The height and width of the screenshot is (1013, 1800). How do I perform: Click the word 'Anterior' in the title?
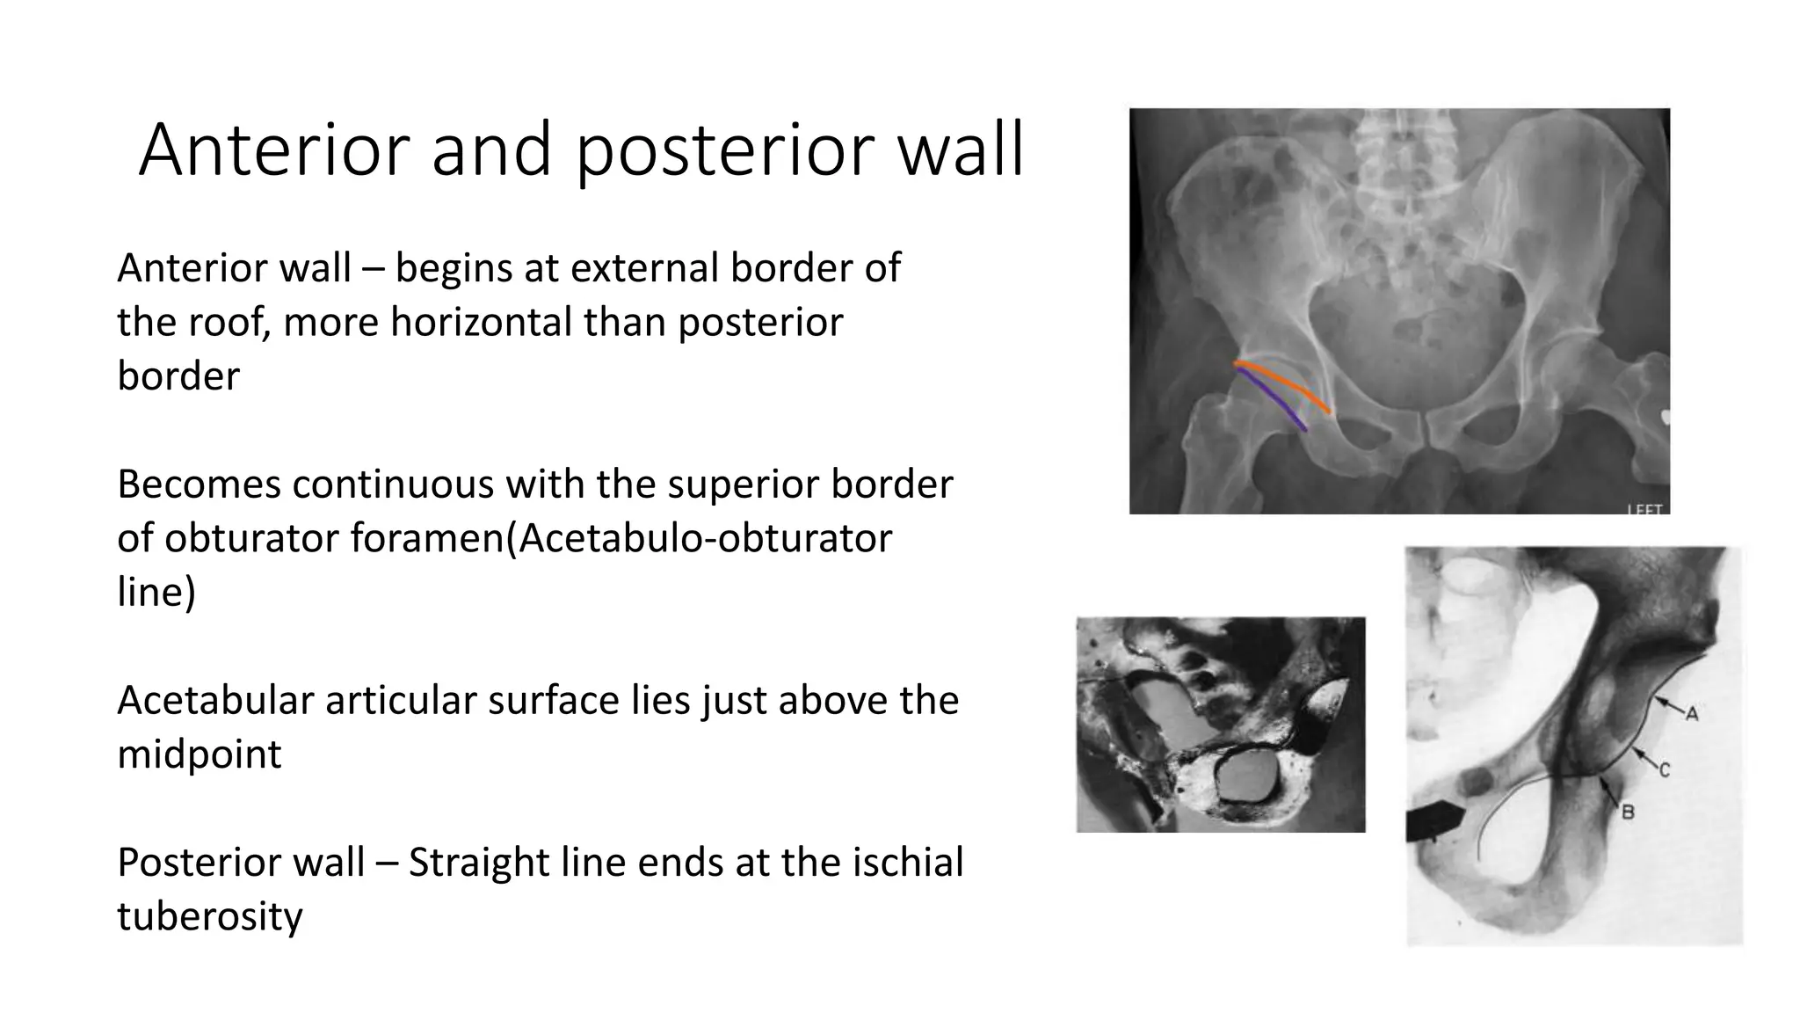[273, 151]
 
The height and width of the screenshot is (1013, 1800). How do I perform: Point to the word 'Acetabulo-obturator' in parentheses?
[705, 537]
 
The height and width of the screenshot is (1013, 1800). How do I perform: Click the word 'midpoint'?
[199, 754]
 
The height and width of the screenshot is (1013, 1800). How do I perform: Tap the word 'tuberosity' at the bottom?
[209, 916]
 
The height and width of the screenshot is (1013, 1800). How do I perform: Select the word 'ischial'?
[908, 862]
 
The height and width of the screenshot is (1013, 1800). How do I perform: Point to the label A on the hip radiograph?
[1691, 714]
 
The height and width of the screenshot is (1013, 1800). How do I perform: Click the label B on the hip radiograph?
[1627, 813]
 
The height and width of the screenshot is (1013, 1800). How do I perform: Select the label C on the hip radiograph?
[1664, 770]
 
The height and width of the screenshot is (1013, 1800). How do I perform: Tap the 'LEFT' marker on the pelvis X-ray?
[1645, 509]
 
